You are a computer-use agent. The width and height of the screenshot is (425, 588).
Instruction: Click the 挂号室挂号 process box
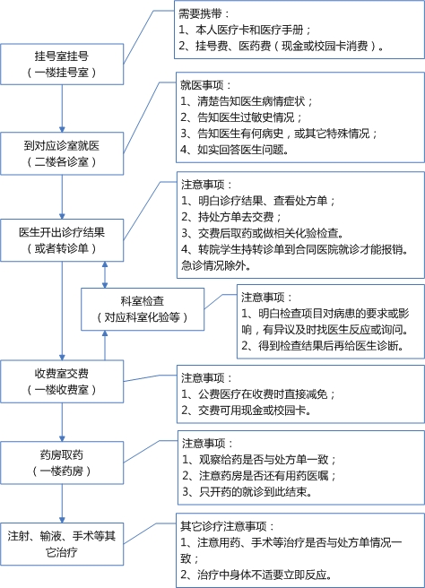(62, 65)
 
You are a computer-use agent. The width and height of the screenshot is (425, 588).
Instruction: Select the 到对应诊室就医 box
(62, 153)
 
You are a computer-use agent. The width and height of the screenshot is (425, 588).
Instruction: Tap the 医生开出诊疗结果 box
(62, 240)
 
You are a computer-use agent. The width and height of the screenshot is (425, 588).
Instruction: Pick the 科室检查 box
(143, 309)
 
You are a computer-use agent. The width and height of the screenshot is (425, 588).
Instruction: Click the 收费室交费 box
(62, 382)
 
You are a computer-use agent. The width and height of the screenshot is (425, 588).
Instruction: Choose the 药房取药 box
(62, 463)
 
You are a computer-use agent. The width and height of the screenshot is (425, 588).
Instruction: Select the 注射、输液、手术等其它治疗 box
(62, 544)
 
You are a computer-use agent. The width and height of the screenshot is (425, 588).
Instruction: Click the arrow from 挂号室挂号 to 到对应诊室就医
(62, 108)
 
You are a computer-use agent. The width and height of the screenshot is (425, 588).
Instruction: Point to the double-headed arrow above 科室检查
(105, 275)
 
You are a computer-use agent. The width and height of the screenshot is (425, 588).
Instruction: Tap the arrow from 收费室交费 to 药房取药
(62, 422)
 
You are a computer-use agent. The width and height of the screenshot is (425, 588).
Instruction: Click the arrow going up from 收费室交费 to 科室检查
(105, 345)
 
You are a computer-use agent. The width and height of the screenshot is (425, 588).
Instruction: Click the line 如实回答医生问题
(234, 150)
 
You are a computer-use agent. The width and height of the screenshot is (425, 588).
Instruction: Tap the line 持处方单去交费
(231, 217)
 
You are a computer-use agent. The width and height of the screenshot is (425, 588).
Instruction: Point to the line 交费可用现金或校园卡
(247, 411)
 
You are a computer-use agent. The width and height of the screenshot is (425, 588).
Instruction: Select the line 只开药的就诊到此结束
(247, 491)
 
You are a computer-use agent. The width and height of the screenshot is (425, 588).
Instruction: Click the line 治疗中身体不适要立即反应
(256, 575)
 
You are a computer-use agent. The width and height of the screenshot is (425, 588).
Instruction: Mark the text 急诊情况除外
(216, 265)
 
